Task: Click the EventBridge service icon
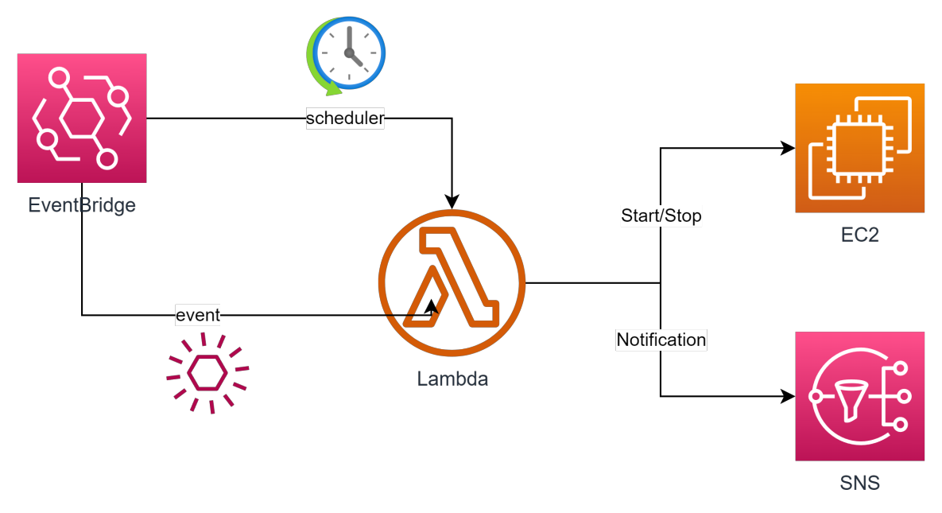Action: click(x=82, y=118)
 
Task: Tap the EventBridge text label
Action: click(x=82, y=205)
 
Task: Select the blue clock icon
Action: click(x=351, y=52)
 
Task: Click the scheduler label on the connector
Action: click(x=345, y=119)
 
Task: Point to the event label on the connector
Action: click(x=197, y=315)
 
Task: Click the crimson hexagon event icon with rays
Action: click(x=207, y=372)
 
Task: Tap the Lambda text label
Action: click(x=452, y=379)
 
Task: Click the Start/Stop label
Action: click(x=661, y=216)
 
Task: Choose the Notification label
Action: click(x=661, y=340)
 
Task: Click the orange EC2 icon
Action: click(x=860, y=148)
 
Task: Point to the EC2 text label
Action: click(x=860, y=235)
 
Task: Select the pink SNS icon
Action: click(x=860, y=396)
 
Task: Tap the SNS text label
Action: click(x=860, y=483)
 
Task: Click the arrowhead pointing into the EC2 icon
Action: click(x=789, y=148)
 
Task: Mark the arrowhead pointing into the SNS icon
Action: click(x=789, y=396)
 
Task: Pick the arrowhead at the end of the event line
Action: click(x=432, y=306)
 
